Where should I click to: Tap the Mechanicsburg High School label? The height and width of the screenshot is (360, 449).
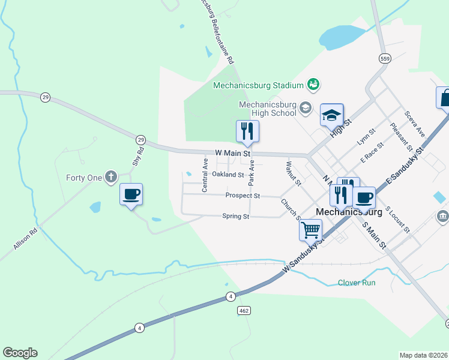pyautogui.click(x=268, y=108)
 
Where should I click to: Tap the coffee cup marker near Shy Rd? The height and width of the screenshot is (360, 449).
pyautogui.click(x=131, y=195)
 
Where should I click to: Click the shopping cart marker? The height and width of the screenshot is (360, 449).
pyautogui.click(x=310, y=230)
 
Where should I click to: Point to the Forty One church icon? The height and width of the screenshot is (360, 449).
pyautogui.click(x=110, y=177)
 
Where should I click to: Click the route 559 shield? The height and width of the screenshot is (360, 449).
pyautogui.click(x=385, y=58)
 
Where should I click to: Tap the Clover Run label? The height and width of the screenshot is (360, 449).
pyautogui.click(x=357, y=282)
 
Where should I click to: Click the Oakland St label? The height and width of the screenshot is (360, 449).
pyautogui.click(x=228, y=175)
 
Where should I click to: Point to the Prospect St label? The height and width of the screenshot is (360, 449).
pyautogui.click(x=243, y=196)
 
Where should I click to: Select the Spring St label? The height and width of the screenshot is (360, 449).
pyautogui.click(x=235, y=217)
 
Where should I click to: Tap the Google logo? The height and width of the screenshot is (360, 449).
pyautogui.click(x=20, y=353)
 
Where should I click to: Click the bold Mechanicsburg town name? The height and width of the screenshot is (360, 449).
pyautogui.click(x=348, y=212)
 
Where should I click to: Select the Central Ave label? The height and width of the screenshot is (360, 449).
pyautogui.click(x=205, y=175)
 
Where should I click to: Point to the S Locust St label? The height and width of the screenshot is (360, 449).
pyautogui.click(x=397, y=220)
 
